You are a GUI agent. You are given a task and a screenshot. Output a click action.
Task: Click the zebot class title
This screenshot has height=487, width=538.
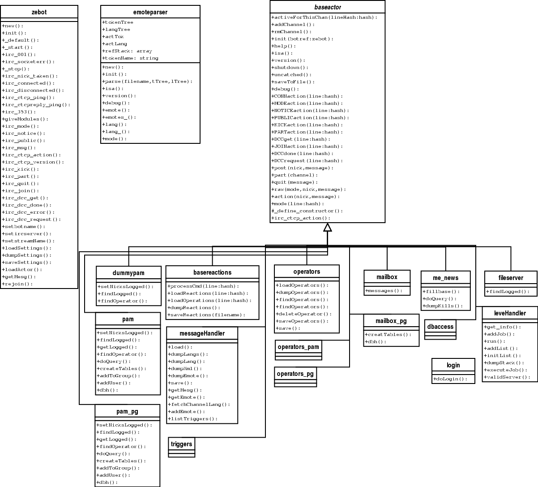(x=39, y=12)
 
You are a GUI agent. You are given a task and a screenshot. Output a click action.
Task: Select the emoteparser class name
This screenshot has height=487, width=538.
(x=150, y=12)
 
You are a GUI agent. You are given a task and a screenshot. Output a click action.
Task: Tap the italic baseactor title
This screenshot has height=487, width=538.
(x=327, y=7)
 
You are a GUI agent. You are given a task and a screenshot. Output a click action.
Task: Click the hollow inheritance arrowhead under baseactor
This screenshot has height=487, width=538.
(x=328, y=227)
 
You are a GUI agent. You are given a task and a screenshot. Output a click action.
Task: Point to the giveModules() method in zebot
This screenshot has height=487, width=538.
(x=26, y=119)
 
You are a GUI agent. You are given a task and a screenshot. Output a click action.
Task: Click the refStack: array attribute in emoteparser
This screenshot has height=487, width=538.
(x=128, y=51)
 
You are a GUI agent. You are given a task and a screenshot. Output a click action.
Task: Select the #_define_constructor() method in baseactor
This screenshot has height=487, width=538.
(x=307, y=211)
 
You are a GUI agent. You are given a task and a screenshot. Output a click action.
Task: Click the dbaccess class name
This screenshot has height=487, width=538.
(x=440, y=327)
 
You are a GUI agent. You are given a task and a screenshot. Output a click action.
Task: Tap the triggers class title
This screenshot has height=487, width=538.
(x=181, y=444)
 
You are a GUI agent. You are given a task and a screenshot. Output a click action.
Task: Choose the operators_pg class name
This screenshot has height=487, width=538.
(x=295, y=373)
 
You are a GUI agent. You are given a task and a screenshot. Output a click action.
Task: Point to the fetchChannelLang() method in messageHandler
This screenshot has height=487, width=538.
(x=200, y=405)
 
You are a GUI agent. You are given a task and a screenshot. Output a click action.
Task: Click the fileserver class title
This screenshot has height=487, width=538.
(x=511, y=278)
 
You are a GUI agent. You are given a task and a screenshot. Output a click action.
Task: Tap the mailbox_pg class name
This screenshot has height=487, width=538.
(x=391, y=321)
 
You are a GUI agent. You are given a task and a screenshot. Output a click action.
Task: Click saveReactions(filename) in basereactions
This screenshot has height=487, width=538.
(x=206, y=315)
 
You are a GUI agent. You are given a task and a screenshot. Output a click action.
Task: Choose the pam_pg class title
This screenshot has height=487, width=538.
(x=127, y=411)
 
